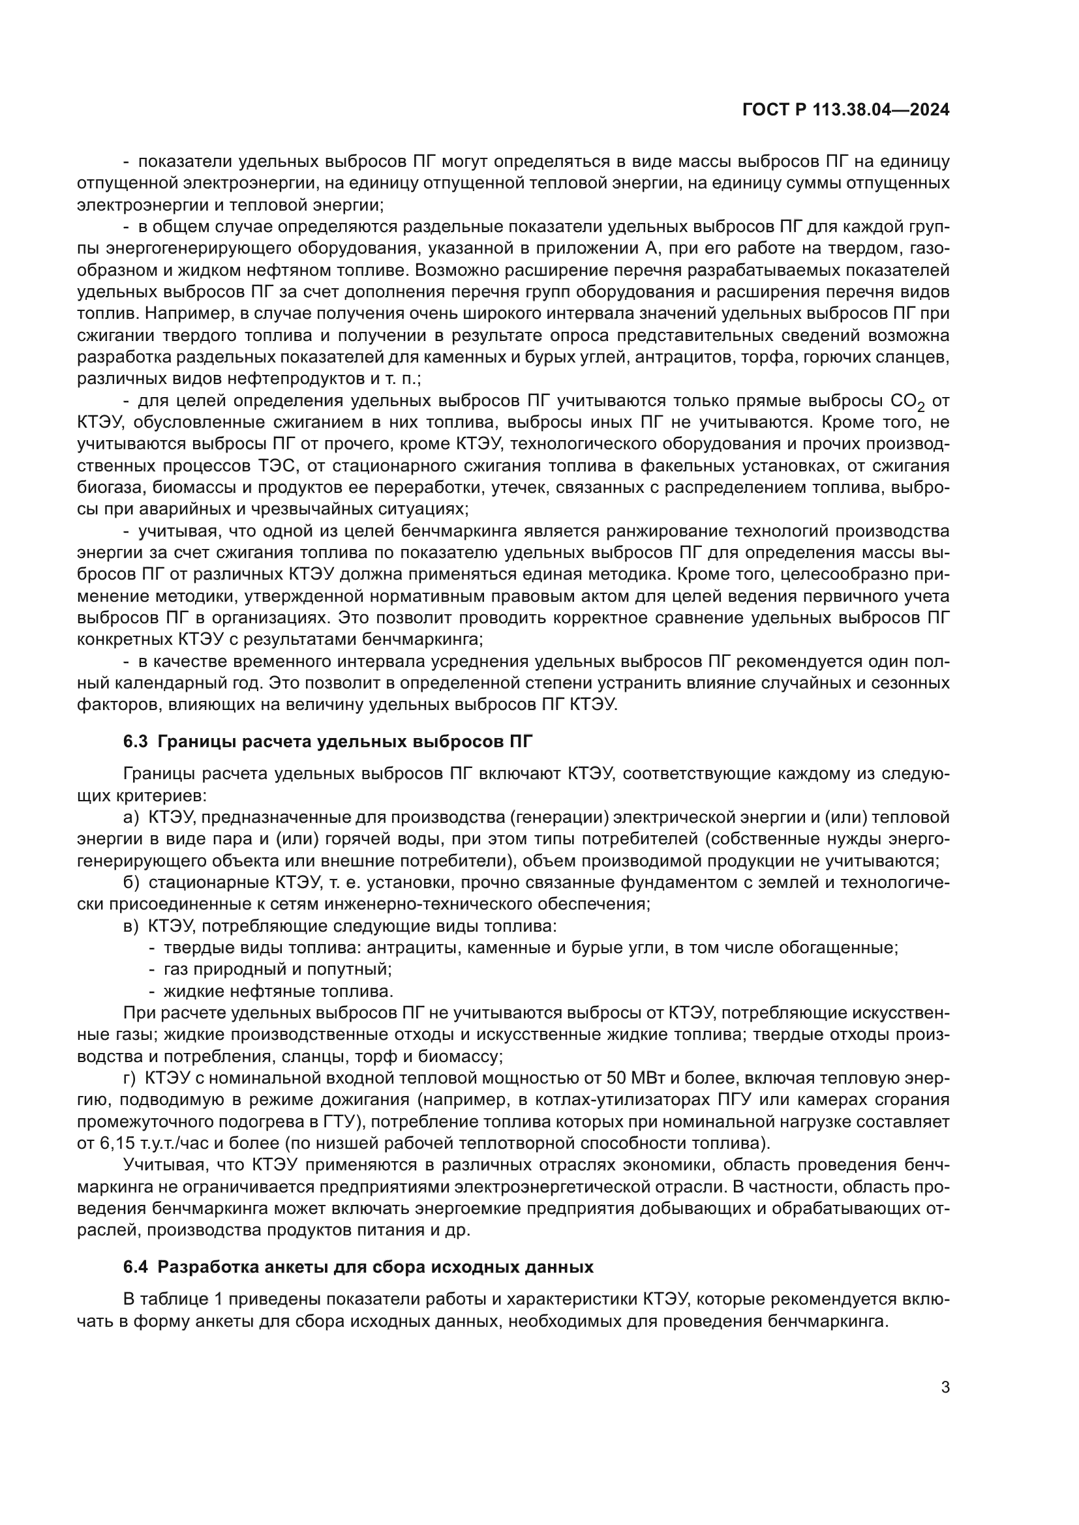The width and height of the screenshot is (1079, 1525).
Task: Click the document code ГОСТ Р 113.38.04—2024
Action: [x=845, y=110]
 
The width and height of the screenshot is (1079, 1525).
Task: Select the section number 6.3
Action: [x=136, y=742]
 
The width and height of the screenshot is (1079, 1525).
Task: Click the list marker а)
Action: [x=131, y=817]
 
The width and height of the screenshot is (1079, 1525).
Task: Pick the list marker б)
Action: [x=131, y=883]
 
